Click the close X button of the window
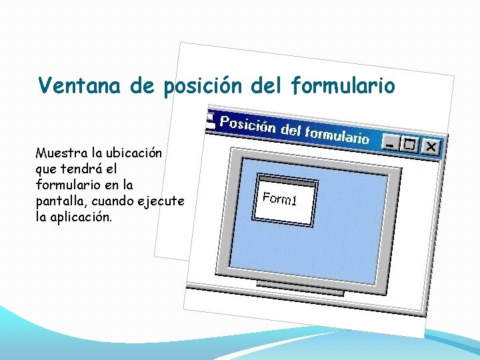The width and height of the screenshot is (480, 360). [431, 146]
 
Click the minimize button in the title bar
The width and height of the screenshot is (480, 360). [391, 143]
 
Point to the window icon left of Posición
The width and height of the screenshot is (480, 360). [211, 120]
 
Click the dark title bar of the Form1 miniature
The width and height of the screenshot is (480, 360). [288, 182]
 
